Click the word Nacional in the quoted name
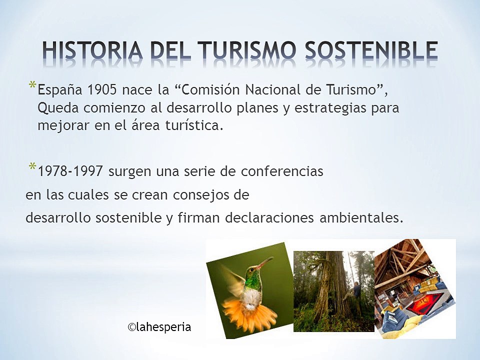point(265,90)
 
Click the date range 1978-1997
point(70,171)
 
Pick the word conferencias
point(282,171)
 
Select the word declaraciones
point(269,218)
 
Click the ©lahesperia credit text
point(159,327)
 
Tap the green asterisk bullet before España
point(32,85)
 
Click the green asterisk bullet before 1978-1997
point(32,166)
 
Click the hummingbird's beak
point(265,262)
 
